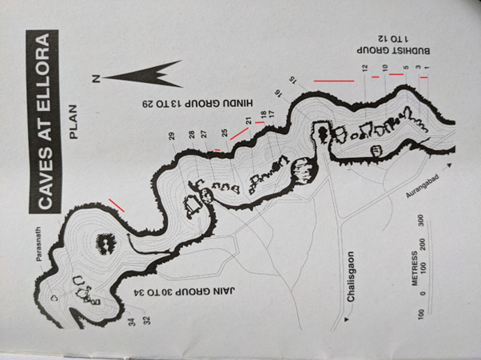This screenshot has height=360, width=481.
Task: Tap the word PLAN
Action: click(x=74, y=122)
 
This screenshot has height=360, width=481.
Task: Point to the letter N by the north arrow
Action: click(x=96, y=79)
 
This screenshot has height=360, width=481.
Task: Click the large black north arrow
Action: click(x=143, y=74)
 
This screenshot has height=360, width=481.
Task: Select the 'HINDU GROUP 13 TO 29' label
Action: click(x=197, y=103)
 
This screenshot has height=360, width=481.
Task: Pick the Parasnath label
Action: click(x=39, y=244)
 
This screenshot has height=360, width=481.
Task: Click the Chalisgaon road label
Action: click(x=350, y=277)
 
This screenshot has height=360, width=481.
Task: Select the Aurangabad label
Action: click(x=423, y=186)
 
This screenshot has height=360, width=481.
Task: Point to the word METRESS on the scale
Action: click(x=415, y=268)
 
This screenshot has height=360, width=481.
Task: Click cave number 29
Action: click(x=172, y=136)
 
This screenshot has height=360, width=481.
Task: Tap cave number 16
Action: click(x=278, y=93)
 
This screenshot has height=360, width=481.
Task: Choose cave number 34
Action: click(x=133, y=322)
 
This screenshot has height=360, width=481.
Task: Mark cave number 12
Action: click(x=364, y=68)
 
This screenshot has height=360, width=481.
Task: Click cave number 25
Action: click(x=225, y=133)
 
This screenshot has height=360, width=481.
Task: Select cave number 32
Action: click(x=147, y=320)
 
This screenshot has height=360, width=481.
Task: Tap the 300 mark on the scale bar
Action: click(x=421, y=220)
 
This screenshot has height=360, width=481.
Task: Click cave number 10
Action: click(x=386, y=68)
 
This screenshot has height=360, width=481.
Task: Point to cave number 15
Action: click(x=293, y=81)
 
